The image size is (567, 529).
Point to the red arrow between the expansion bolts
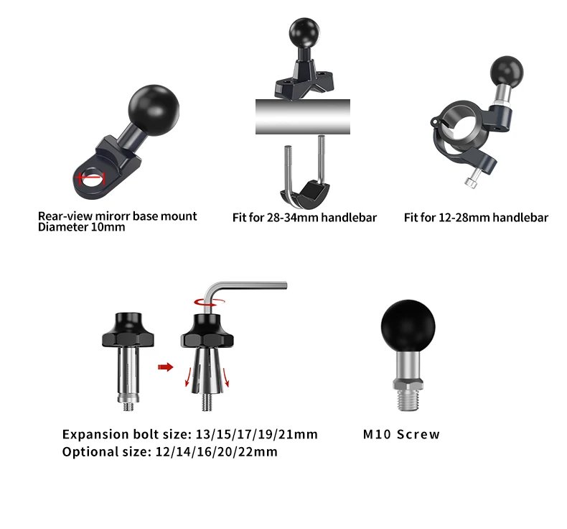pos(166,367)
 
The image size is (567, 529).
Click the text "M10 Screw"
pos(401,434)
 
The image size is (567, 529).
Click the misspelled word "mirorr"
pos(115,216)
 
